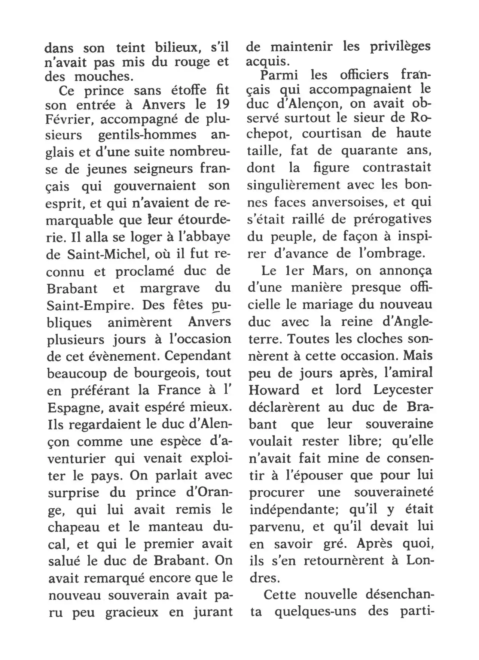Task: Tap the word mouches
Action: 103,76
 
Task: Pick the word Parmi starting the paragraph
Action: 278,75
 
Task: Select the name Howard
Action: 274,390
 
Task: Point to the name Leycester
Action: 403,390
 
